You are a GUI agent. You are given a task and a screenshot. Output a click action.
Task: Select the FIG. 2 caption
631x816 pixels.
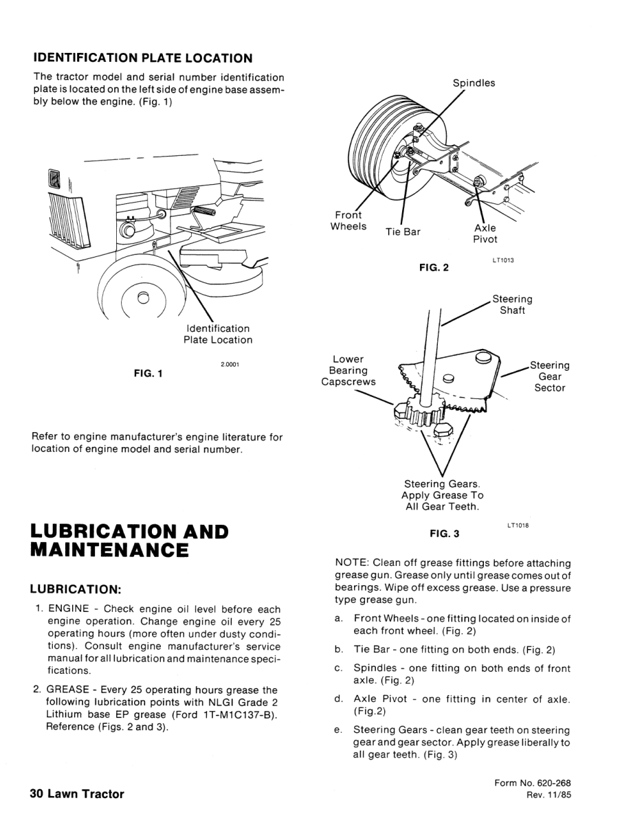(434, 267)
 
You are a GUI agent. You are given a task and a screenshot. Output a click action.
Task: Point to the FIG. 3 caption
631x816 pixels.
(444, 532)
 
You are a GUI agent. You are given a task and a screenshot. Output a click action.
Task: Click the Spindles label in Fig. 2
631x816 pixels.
(474, 83)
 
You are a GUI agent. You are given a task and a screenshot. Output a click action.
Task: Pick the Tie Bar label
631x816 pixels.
(403, 231)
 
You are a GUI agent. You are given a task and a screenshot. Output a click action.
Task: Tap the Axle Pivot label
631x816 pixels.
(485, 234)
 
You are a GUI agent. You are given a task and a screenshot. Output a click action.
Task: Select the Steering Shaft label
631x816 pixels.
(512, 304)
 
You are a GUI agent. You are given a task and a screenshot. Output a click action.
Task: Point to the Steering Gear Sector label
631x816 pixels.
(551, 376)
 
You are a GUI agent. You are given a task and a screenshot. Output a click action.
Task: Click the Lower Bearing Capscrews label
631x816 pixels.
(348, 370)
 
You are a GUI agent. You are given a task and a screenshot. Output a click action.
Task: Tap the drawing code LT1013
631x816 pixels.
(503, 260)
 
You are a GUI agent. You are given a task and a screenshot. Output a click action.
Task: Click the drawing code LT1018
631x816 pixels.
(518, 526)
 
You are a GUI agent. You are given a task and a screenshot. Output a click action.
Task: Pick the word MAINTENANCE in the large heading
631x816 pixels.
(110, 550)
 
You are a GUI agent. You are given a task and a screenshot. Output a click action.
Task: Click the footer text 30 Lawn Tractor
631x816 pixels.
(77, 794)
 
